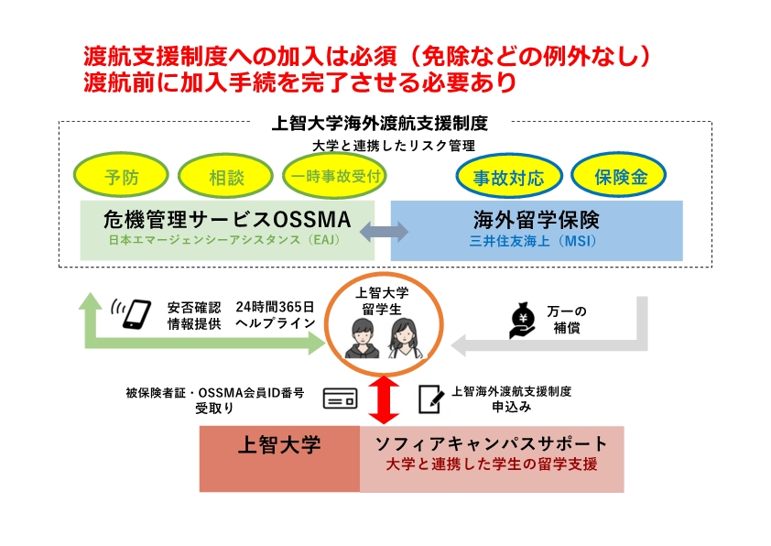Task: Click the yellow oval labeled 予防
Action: [x=122, y=177]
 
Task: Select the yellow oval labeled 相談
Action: [x=226, y=177]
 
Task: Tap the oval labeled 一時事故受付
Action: [x=334, y=177]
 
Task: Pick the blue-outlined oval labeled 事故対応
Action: [x=508, y=177]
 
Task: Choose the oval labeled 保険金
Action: [x=619, y=177]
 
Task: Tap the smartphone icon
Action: [x=136, y=313]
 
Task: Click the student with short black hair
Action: [x=357, y=337]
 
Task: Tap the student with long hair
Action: [x=403, y=337]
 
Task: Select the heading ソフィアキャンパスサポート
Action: [x=492, y=444]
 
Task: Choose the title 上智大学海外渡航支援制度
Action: [x=380, y=122]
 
